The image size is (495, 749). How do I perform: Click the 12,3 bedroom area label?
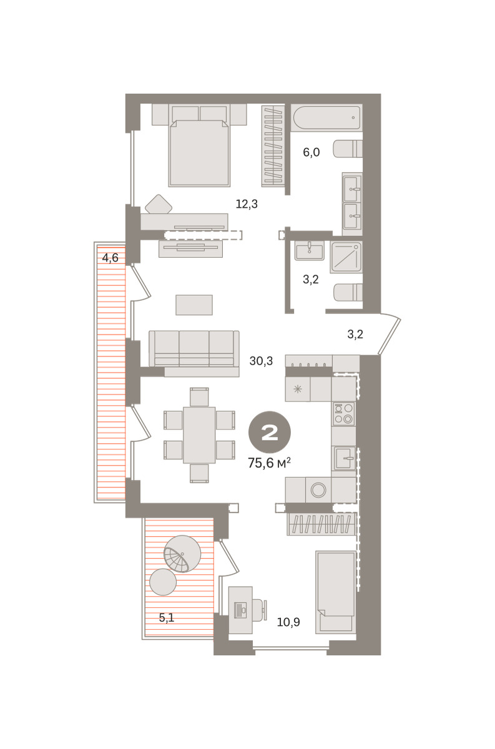[x=247, y=204]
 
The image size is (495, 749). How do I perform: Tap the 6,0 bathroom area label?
[x=311, y=152]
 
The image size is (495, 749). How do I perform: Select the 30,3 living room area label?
[x=261, y=361]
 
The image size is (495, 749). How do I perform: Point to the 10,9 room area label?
[x=288, y=622]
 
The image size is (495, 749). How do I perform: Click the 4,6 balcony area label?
[x=110, y=258]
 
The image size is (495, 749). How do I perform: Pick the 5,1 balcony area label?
[x=167, y=618]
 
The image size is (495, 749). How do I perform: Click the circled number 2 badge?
[x=269, y=433]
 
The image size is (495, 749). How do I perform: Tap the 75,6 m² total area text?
[x=269, y=463]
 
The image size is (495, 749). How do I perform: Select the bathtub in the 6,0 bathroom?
[x=326, y=118]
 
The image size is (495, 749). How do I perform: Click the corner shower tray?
[x=346, y=257]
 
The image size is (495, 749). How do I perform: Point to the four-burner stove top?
[x=343, y=414]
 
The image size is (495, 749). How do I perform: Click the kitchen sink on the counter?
[x=343, y=458]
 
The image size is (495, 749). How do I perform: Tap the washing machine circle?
[x=318, y=490]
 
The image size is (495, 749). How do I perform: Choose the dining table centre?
[x=199, y=434]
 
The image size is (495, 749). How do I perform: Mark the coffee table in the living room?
[x=194, y=305]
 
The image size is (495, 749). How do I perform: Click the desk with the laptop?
[x=240, y=610]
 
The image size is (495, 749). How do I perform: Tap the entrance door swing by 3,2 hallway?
[x=390, y=333]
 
